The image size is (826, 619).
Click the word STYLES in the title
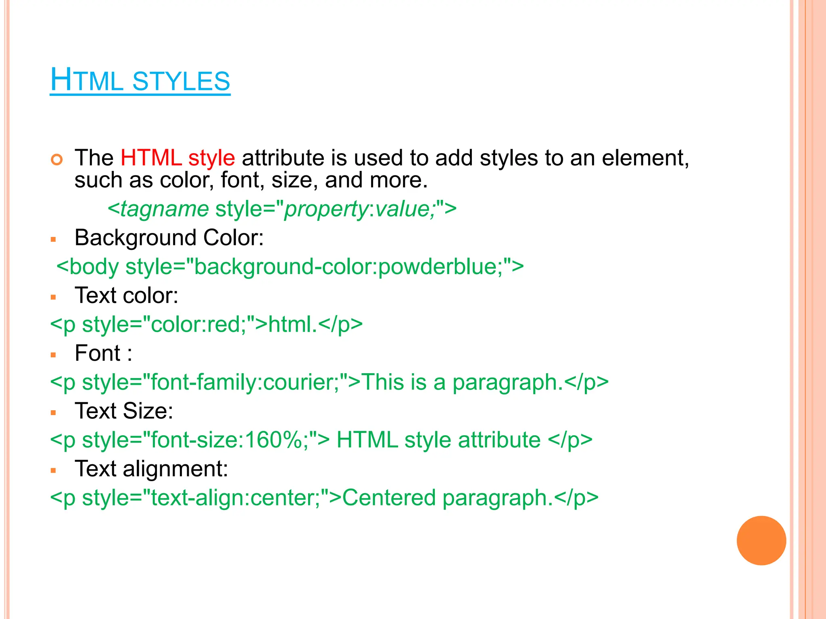click(181, 81)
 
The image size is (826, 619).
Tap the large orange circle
click(761, 540)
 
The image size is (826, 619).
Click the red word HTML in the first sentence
click(151, 158)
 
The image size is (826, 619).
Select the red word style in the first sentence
click(211, 158)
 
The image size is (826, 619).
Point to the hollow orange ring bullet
click(57, 160)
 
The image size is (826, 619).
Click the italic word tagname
click(164, 209)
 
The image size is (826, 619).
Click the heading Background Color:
click(169, 238)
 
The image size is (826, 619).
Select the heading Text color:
click(126, 295)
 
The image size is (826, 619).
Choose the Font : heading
click(103, 353)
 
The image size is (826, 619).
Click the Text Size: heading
click(124, 411)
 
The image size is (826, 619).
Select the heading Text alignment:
click(151, 469)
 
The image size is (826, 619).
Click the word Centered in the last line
click(389, 498)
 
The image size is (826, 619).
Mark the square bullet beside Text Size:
click(53, 413)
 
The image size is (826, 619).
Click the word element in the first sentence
click(645, 158)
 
